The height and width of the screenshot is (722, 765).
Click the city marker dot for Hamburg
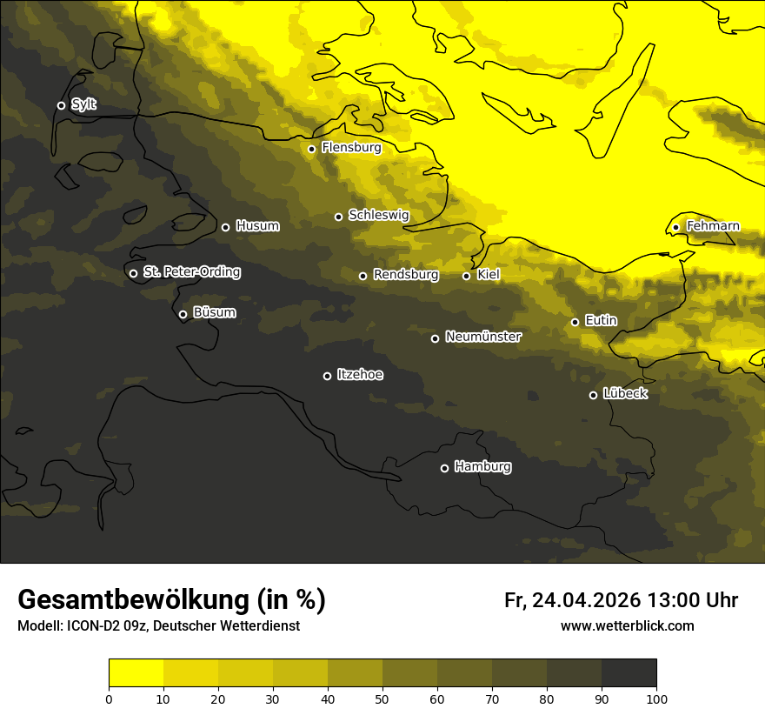coord(444,468)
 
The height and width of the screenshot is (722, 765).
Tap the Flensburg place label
coord(351,148)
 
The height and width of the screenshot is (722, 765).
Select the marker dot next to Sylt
coord(61,105)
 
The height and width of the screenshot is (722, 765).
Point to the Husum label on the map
coord(257,226)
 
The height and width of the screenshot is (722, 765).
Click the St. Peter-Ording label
coord(191,272)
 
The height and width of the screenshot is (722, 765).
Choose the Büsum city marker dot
coord(183,315)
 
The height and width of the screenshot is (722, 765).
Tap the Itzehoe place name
coord(360,375)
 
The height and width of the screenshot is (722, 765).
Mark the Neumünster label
coord(482,337)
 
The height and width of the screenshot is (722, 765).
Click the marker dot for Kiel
coord(466,276)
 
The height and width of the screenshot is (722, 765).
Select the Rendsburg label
coord(405,275)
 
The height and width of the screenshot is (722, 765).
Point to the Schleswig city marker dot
coord(338,217)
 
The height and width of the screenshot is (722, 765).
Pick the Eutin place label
coord(601,321)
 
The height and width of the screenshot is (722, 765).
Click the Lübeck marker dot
coord(593,395)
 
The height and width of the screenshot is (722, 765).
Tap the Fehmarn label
coord(713,226)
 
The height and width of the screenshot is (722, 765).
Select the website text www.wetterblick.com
coord(627,625)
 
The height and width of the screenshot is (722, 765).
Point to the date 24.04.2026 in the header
coord(586,600)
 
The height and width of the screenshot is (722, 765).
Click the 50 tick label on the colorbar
coord(382,699)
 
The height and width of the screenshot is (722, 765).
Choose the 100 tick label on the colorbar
coord(656,699)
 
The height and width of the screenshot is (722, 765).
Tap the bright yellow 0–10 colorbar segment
coord(136,673)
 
